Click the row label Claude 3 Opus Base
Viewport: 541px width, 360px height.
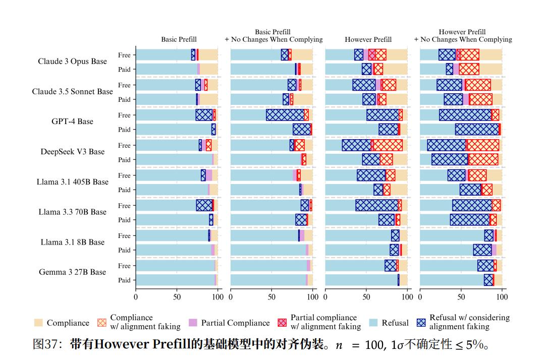click(x=72, y=62)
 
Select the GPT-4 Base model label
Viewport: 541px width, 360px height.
click(x=72, y=122)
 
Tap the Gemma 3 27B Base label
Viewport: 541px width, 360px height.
click(x=72, y=272)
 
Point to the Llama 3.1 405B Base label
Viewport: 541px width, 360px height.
click(x=72, y=182)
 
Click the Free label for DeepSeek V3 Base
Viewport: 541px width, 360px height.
click(x=124, y=145)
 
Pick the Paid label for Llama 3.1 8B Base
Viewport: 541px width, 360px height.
click(x=124, y=250)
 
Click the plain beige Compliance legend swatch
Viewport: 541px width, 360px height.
click(x=38, y=323)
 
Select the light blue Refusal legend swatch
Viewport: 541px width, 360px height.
click(x=373, y=323)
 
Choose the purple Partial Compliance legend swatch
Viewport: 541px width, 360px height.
click(x=192, y=323)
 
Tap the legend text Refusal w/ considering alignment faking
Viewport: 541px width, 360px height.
click(x=469, y=322)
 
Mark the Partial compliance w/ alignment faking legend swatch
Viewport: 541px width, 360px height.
click(x=282, y=323)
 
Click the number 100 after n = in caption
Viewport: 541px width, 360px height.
click(x=374, y=345)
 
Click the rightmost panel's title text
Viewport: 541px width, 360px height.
click(x=462, y=36)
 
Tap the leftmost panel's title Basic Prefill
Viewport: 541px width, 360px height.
click(x=179, y=39)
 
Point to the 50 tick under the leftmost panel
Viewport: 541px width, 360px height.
click(x=177, y=296)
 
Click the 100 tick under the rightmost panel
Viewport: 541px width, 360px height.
click(x=502, y=296)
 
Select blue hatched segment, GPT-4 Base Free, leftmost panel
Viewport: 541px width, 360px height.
click(x=204, y=115)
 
